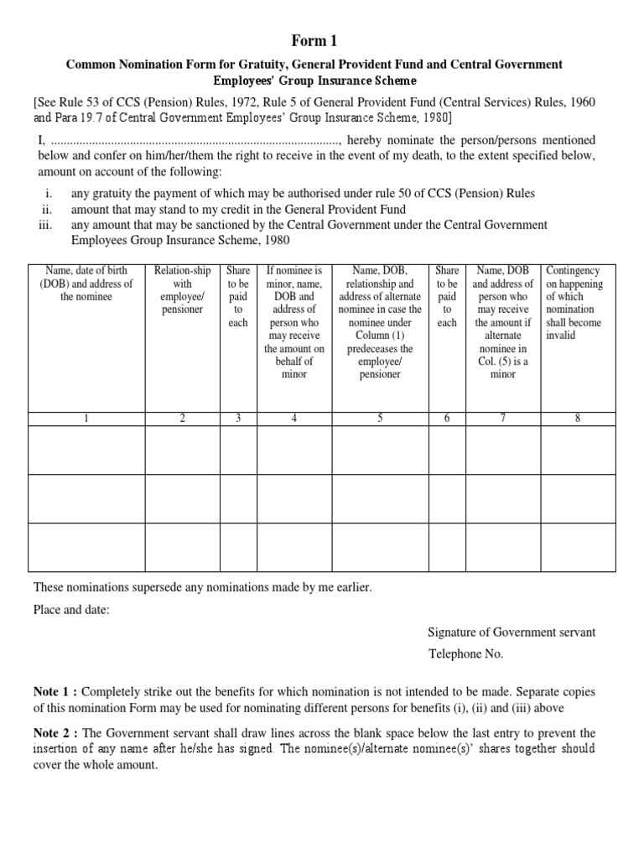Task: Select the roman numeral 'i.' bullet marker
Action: (49, 194)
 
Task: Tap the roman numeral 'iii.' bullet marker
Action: (45, 225)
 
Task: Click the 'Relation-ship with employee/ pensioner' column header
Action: (182, 290)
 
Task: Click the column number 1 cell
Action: (86, 419)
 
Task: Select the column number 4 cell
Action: (294, 419)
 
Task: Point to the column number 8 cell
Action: (578, 419)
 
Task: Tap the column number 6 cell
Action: (447, 419)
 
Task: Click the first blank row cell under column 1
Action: (86, 450)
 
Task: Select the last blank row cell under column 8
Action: (578, 547)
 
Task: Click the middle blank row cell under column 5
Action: (380, 499)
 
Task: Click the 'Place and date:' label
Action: (71, 610)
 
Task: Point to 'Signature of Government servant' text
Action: (512, 632)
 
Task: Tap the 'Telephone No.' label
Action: (466, 653)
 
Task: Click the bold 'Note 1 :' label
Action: (55, 691)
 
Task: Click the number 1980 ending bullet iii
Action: (275, 240)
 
